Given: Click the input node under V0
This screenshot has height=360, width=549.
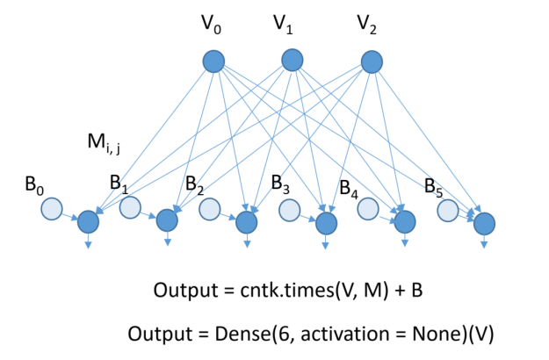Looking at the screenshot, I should point(213,61).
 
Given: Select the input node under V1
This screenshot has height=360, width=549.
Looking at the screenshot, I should point(293,60).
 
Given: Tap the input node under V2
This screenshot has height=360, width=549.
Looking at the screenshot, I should point(372,61).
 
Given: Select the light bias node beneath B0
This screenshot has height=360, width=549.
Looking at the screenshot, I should point(52,209).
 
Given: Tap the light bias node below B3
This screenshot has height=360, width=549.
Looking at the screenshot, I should point(289,210).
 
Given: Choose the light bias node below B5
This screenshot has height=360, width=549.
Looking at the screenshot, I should point(448,211).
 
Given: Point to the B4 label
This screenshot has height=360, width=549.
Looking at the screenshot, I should point(350,187).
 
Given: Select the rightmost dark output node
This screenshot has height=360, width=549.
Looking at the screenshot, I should point(484,224).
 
